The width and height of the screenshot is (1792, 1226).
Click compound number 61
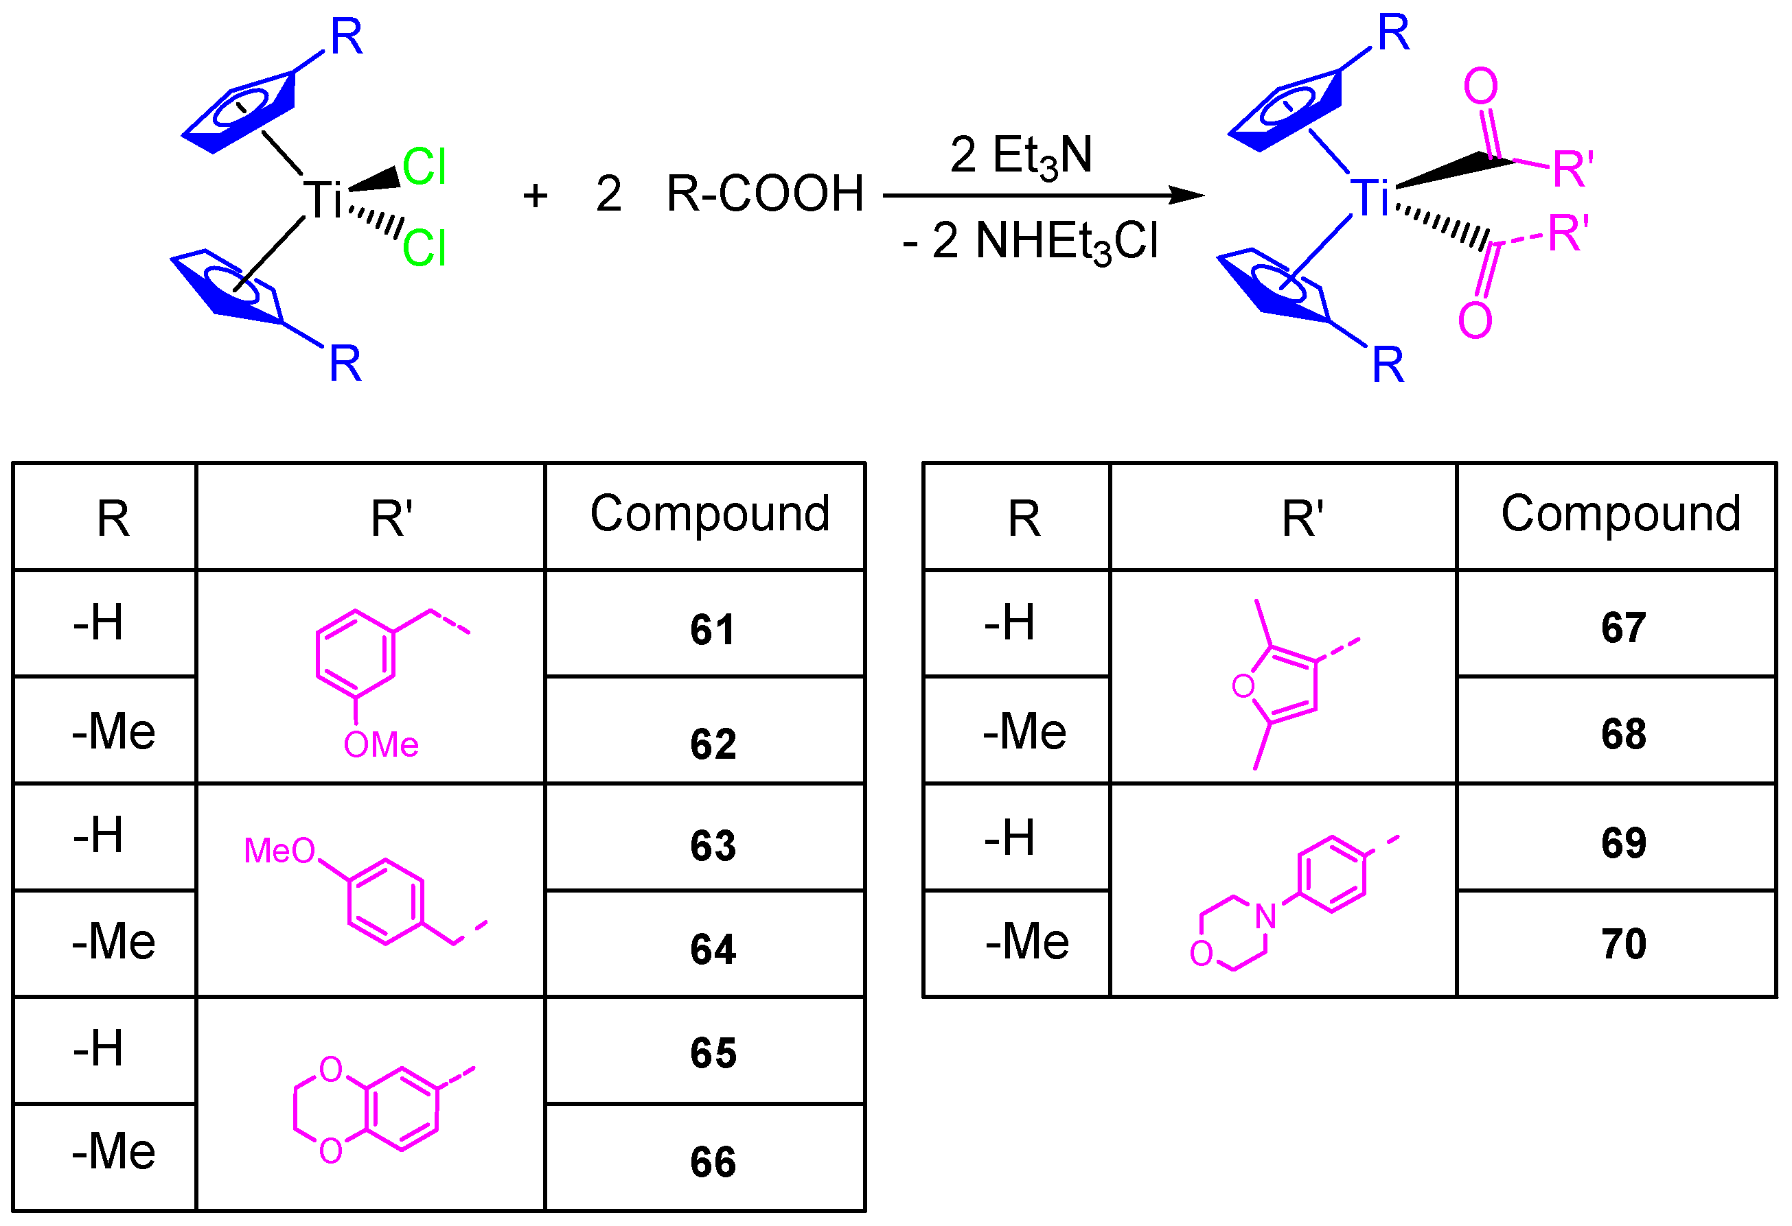coord(713,630)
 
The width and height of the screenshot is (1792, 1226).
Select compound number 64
coord(713,950)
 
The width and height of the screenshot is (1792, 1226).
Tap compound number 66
coord(713,1162)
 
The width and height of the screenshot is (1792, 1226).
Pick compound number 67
coord(1624,628)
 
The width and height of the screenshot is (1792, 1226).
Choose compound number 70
coord(1624,944)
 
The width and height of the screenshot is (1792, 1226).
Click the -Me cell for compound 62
coord(113,731)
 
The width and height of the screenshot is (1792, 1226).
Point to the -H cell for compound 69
coord(1009,838)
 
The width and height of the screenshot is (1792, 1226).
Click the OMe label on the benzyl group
coord(381,745)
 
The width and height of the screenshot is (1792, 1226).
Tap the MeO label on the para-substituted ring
coord(279,851)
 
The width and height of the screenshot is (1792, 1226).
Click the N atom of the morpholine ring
coord(1265,916)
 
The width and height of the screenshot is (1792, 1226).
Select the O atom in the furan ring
coord(1243,686)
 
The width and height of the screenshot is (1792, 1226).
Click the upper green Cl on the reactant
coord(424,167)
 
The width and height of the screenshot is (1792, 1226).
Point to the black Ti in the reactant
coord(321,200)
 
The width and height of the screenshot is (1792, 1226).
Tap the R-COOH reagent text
coord(765,193)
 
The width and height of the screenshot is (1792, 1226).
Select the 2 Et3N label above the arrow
coord(1021,156)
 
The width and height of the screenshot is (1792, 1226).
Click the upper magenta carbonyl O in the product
coord(1480,86)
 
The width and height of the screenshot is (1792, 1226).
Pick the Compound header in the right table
coord(1621,514)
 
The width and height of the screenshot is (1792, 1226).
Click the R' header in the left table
coord(392,519)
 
